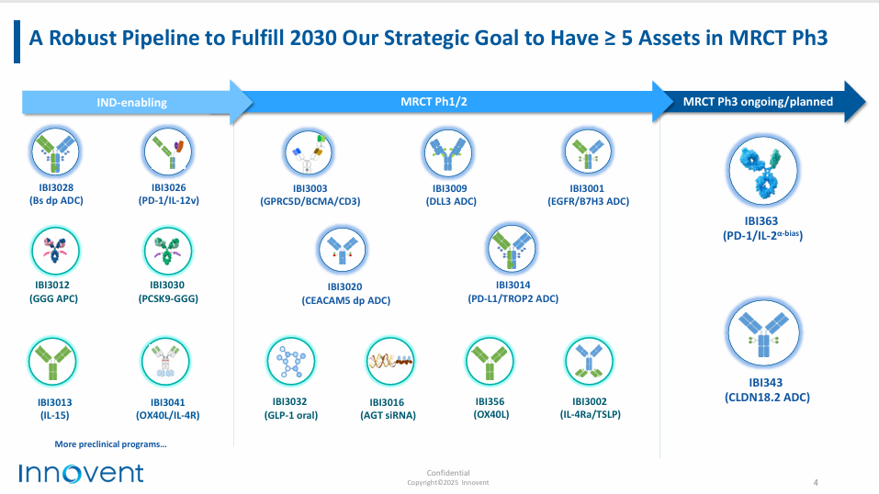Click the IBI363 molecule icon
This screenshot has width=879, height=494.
pos(763,171)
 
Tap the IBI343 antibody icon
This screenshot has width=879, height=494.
pos(763,333)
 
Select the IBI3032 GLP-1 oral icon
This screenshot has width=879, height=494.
pos(290,361)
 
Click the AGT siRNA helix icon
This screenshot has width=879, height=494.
pos(390,361)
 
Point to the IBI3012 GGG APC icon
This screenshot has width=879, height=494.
pos(55,251)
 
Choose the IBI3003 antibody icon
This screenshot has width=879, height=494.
pos(309,152)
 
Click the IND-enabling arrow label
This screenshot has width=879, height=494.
pos(131,103)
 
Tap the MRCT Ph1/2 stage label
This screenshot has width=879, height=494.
pos(434,102)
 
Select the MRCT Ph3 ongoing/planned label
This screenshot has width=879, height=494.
pos(758,102)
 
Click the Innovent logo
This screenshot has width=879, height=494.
pos(81,473)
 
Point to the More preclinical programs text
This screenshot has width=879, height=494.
pos(110,444)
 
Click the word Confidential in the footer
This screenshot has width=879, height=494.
pos(448,473)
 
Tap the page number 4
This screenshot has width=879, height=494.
pos(816,482)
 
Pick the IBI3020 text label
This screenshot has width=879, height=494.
pos(344,286)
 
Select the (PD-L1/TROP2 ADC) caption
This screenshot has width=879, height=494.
pos(513,298)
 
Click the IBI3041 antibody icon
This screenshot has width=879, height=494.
pos(166,362)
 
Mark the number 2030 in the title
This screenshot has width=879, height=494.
pos(313,38)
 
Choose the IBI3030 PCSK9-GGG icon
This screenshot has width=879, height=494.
pos(167,251)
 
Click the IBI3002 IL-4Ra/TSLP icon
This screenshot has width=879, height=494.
pos(589,361)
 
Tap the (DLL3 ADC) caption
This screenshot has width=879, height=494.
pos(451,201)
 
